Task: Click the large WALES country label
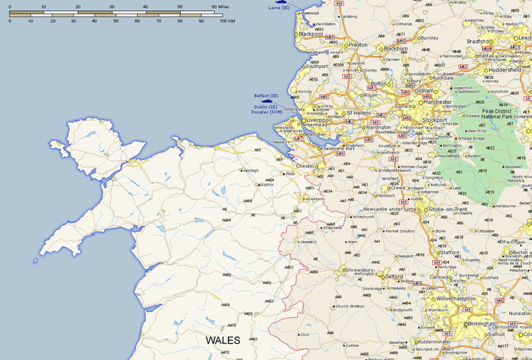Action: (222, 340)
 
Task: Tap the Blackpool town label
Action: (311, 33)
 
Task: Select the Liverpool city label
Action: (319, 120)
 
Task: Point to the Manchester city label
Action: (437, 102)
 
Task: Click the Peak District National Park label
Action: (496, 114)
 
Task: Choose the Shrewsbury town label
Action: (361, 270)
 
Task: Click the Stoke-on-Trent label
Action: (447, 209)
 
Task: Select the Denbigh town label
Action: (251, 170)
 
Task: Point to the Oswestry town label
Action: (308, 242)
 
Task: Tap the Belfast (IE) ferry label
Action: (266, 96)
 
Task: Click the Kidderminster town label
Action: (430, 341)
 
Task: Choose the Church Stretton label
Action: (350, 306)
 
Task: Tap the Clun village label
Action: (303, 334)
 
